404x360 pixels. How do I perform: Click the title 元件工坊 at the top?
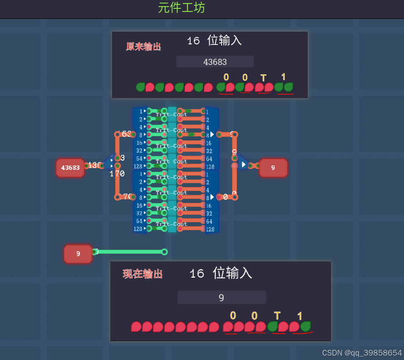click(x=181, y=7)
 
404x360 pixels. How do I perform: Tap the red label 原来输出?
click(x=143, y=47)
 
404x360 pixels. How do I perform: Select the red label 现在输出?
click(x=142, y=274)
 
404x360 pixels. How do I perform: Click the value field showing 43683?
click(x=215, y=62)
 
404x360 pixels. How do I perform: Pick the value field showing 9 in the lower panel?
click(x=222, y=298)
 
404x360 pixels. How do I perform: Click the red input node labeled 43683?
click(x=70, y=168)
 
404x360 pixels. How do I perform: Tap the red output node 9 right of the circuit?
click(x=273, y=168)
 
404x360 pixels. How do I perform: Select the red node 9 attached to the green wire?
click(x=78, y=254)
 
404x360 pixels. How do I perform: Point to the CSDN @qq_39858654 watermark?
click(x=362, y=353)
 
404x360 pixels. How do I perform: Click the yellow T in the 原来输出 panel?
click(x=263, y=78)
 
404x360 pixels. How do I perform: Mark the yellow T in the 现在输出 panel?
click(x=277, y=316)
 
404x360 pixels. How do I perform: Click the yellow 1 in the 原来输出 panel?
click(x=284, y=77)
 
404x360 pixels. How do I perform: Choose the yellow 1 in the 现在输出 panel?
click(x=300, y=316)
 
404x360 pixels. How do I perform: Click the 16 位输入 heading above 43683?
click(x=214, y=41)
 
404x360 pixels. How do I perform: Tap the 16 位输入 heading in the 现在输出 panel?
click(x=221, y=273)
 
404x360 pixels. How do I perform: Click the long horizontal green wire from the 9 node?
click(x=130, y=252)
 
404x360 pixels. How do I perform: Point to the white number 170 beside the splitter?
click(x=117, y=174)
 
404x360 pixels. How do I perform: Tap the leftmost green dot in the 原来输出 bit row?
click(x=140, y=87)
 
